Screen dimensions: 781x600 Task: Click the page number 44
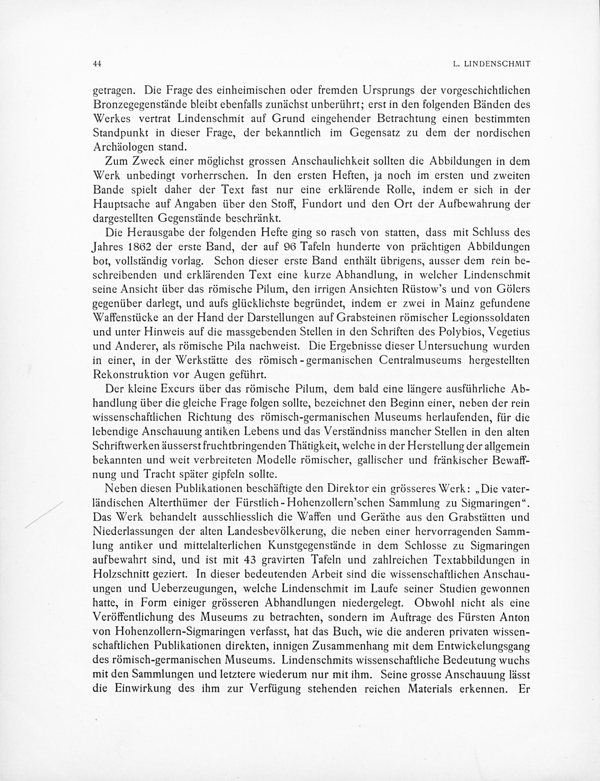(97, 64)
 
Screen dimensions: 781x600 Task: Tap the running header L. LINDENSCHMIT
(491, 64)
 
